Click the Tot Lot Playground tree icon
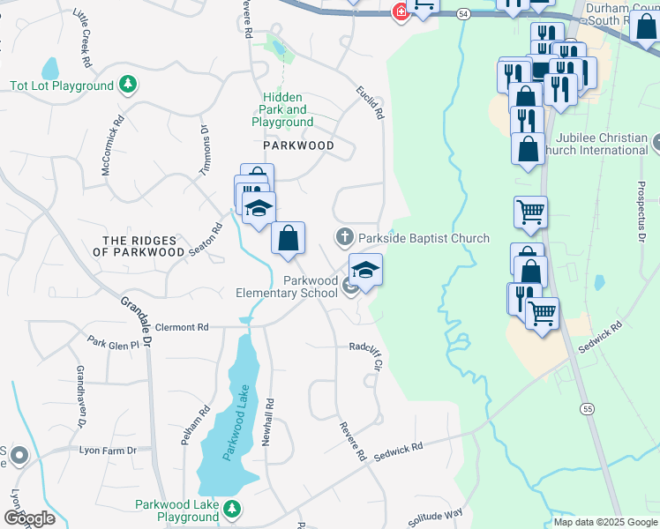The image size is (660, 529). tap(129, 86)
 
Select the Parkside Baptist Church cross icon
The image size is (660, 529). tap(344, 236)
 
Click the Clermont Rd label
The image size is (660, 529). tap(182, 327)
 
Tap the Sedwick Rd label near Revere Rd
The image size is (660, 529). tap(398, 451)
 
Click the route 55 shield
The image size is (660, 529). tap(587, 408)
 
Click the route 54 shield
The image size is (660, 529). tap(464, 14)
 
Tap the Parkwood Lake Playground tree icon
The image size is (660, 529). tap(231, 508)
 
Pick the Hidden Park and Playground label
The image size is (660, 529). tap(282, 109)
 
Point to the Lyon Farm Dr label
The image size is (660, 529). tap(109, 451)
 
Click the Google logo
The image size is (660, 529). tap(30, 518)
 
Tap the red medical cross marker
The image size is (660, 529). tap(401, 12)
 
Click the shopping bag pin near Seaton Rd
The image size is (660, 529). tap(288, 238)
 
